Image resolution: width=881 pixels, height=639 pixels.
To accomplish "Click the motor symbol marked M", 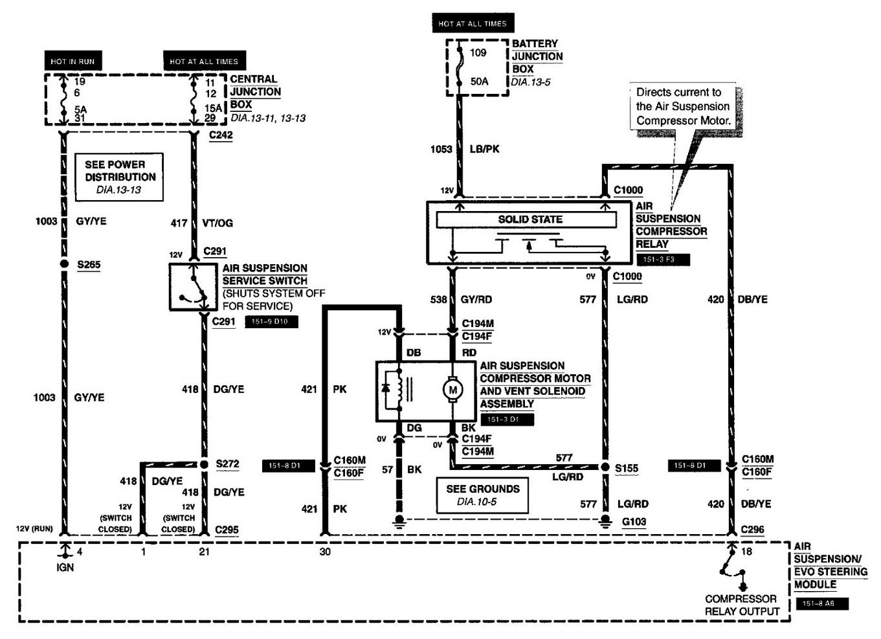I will coord(452,389).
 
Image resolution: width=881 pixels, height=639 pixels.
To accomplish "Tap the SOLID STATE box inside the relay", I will coord(526,220).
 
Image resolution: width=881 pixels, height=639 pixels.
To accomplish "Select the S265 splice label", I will coord(89,264).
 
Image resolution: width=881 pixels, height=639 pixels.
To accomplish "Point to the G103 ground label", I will coord(634,521).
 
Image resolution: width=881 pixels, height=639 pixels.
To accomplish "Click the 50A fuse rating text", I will coord(479,82).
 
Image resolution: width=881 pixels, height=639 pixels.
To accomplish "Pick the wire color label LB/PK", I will coord(484,149).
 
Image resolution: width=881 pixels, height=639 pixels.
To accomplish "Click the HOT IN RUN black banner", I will coord(72,61).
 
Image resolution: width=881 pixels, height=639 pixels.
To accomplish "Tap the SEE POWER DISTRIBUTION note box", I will coord(119,177).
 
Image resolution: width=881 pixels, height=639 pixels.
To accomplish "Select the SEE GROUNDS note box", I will coord(482,495).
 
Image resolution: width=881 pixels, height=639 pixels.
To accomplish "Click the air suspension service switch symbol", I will coord(193,286).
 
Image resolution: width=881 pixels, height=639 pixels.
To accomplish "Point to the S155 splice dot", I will coord(605,467).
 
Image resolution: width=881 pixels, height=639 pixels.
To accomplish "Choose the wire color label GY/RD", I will coord(476,299).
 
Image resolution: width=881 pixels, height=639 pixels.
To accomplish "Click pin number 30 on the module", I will coord(325,552).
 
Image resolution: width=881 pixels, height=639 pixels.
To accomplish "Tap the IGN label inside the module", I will coord(65,567).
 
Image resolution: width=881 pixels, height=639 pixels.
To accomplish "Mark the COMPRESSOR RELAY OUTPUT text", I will coord(741,605).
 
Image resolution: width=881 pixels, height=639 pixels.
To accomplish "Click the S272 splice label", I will coord(227,464).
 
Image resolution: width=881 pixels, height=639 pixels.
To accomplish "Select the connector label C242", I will coord(221,135).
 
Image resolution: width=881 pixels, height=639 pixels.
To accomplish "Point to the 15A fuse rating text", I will coord(213,108).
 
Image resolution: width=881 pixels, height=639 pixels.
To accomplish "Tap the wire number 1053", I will coord(441,149).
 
